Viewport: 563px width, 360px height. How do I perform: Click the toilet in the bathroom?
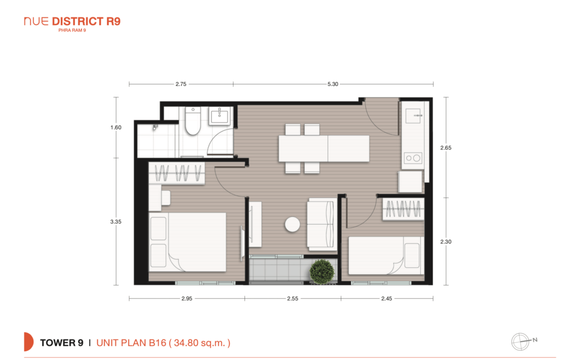(x=193, y=120)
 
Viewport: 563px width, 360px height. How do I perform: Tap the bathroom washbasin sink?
(x=220, y=116)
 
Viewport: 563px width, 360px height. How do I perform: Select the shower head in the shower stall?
(x=155, y=127)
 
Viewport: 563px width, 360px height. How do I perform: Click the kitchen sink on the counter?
(x=413, y=116)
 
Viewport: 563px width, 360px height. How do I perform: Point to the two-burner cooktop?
(x=413, y=158)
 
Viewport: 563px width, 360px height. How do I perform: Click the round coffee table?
(x=292, y=224)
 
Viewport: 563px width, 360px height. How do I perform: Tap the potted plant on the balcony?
(x=322, y=272)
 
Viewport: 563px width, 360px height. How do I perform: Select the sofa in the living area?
(x=322, y=224)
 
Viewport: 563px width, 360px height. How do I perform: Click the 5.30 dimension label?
(x=333, y=84)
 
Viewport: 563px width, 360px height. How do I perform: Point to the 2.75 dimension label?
(x=181, y=84)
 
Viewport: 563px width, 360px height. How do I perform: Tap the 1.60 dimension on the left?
(x=116, y=128)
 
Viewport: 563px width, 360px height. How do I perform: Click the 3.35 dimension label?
(x=116, y=222)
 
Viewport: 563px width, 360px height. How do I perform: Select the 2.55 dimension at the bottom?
(x=293, y=298)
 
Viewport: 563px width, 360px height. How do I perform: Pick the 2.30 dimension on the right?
(x=446, y=242)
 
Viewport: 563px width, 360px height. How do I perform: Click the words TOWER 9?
(x=62, y=343)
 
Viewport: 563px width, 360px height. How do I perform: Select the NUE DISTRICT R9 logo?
(x=72, y=24)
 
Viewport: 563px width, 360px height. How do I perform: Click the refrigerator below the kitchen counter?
(x=410, y=182)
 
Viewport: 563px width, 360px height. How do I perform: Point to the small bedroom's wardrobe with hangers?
(x=403, y=209)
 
